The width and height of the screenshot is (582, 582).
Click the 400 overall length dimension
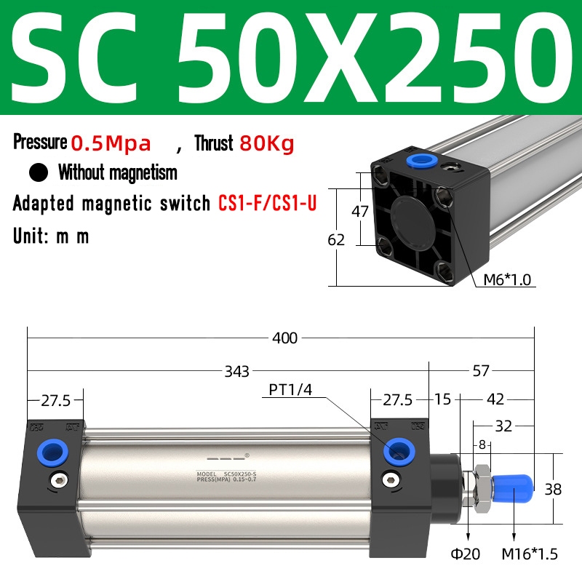click(284, 338)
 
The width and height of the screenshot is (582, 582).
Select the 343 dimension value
click(237, 371)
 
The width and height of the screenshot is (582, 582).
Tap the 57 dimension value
click(481, 371)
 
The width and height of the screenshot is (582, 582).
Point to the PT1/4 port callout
click(290, 390)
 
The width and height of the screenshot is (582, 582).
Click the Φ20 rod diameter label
click(466, 554)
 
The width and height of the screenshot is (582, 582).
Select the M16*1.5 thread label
click(530, 554)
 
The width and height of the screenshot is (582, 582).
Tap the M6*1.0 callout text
click(507, 279)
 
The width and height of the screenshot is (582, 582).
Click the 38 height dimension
click(553, 490)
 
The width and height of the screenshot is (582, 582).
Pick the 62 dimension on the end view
click(336, 240)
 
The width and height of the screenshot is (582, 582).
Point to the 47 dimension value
click(360, 211)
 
